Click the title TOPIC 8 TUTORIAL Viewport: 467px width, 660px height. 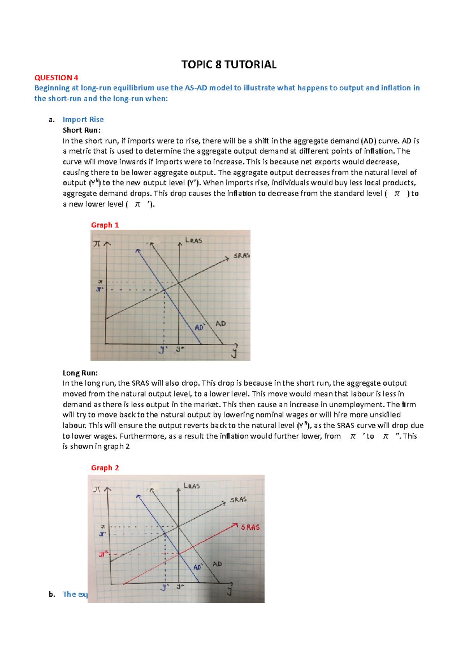[x=229, y=65]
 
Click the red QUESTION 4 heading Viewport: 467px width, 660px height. [x=56, y=78]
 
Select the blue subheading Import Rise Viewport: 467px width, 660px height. [x=83, y=119]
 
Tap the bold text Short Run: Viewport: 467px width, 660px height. [x=81, y=130]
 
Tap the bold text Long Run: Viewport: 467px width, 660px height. [x=80, y=373]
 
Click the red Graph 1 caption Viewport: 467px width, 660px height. [x=105, y=225]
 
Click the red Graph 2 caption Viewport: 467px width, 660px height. [x=105, y=468]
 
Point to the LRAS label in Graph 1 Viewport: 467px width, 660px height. [x=193, y=241]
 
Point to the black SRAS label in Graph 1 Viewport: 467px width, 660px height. [x=241, y=255]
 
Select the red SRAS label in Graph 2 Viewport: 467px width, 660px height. [x=250, y=527]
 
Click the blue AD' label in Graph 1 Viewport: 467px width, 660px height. [x=200, y=328]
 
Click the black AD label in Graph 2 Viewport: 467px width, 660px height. [x=217, y=564]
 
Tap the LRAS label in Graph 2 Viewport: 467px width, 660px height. [x=192, y=486]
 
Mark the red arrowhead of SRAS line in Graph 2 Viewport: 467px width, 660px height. [x=235, y=526]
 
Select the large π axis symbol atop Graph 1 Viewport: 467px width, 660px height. [x=97, y=244]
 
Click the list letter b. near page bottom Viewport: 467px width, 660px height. [x=52, y=594]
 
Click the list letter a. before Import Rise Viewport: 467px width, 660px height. [x=52, y=120]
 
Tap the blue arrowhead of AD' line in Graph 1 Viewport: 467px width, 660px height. [x=137, y=251]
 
